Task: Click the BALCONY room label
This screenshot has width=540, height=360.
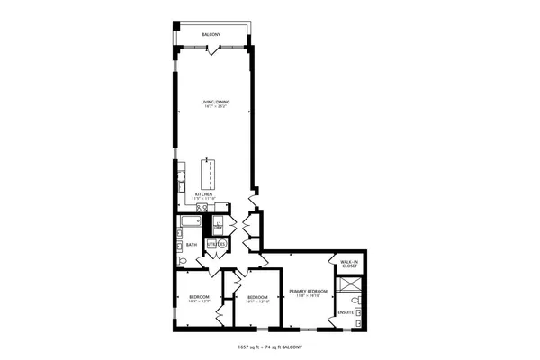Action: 211,35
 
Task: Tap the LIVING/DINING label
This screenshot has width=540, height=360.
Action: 216,103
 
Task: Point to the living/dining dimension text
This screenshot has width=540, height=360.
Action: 216,109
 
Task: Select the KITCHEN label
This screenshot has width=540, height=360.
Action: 204,193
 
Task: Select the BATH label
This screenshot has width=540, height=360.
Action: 192,244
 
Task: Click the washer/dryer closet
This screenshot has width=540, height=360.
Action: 217,227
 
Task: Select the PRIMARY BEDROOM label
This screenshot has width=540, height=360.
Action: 307,291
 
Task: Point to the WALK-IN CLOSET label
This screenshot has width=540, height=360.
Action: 349,265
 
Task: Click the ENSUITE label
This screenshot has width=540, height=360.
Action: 346,312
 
